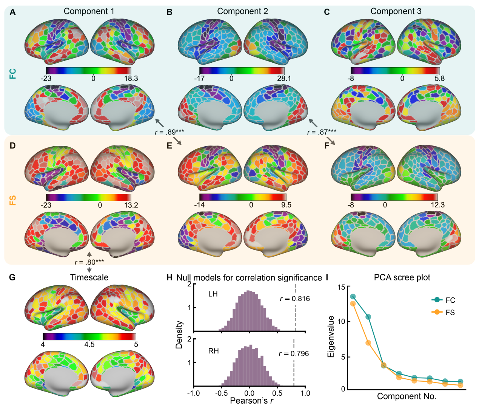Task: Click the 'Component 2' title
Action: click(x=242, y=11)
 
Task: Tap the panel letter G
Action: click(x=12, y=278)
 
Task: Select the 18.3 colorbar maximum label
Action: click(x=131, y=79)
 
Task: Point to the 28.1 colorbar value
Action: click(x=284, y=79)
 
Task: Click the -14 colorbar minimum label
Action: click(x=199, y=205)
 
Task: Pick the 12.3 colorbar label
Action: click(x=437, y=205)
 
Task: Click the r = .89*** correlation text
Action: click(x=169, y=132)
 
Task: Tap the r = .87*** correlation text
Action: click(x=322, y=132)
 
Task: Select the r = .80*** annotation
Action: click(x=89, y=262)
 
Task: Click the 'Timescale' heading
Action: click(x=89, y=277)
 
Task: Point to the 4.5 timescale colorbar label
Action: click(x=89, y=345)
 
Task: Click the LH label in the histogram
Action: click(x=213, y=294)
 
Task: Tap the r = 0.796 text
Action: click(x=294, y=354)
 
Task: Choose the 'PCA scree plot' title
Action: click(x=402, y=278)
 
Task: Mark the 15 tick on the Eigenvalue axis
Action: click(x=341, y=287)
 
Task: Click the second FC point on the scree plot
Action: click(x=368, y=317)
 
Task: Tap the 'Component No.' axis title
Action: click(x=407, y=396)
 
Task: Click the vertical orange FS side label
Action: click(x=13, y=200)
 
